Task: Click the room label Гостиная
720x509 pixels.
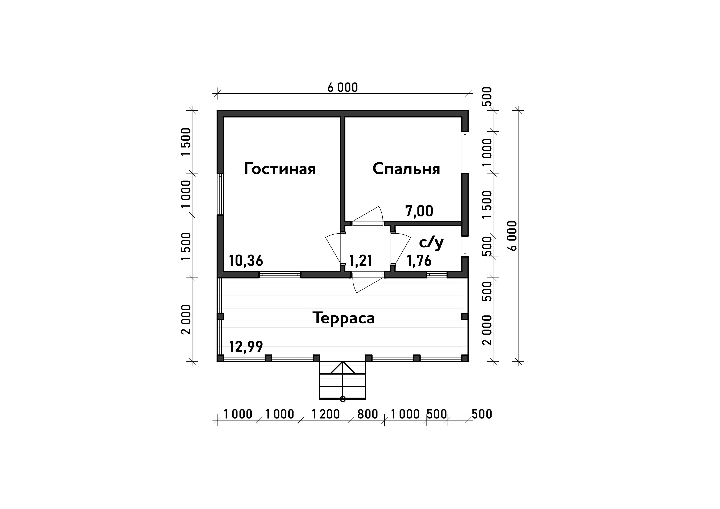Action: pyautogui.click(x=280, y=169)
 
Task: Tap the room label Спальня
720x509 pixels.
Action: pyautogui.click(x=406, y=169)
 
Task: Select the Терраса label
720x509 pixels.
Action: pyautogui.click(x=343, y=318)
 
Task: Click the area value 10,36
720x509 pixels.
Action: pyautogui.click(x=246, y=261)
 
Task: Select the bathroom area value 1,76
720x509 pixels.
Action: pyautogui.click(x=419, y=261)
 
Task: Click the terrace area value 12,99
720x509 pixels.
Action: pyautogui.click(x=246, y=346)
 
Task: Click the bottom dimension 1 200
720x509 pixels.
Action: pyautogui.click(x=326, y=414)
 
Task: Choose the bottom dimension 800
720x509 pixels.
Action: pyautogui.click(x=368, y=414)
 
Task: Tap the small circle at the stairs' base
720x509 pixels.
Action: pyautogui.click(x=343, y=399)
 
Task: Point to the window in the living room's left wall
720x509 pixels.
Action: pyautogui.click(x=220, y=194)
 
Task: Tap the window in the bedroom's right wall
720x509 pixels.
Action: pyautogui.click(x=465, y=152)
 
